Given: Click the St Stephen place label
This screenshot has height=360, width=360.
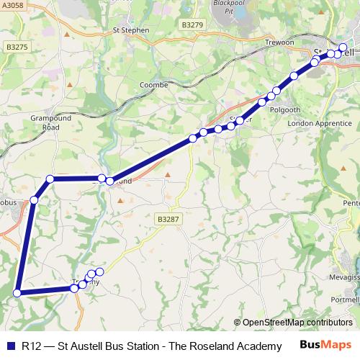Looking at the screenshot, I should click(x=131, y=30).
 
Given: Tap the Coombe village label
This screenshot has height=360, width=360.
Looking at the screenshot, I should click(x=153, y=85).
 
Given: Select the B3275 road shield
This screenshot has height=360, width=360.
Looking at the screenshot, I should click(x=16, y=47).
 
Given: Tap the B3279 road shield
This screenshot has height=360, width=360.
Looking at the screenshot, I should click(x=192, y=25).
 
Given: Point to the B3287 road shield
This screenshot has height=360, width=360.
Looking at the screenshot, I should click(x=166, y=218).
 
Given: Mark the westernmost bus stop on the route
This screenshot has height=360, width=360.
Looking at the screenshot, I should click(x=18, y=292).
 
